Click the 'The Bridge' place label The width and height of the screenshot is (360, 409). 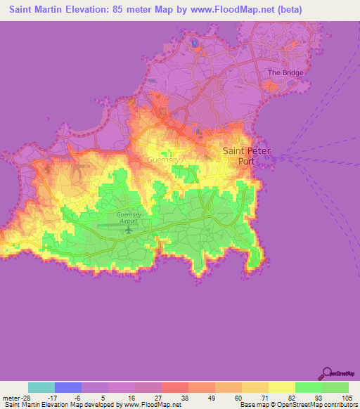[285, 72]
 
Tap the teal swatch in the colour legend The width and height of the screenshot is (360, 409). [41, 387]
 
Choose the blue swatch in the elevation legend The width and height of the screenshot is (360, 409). [68, 387]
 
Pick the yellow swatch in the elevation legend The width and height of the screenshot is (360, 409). [281, 387]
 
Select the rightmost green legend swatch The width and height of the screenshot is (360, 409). [335, 387]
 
